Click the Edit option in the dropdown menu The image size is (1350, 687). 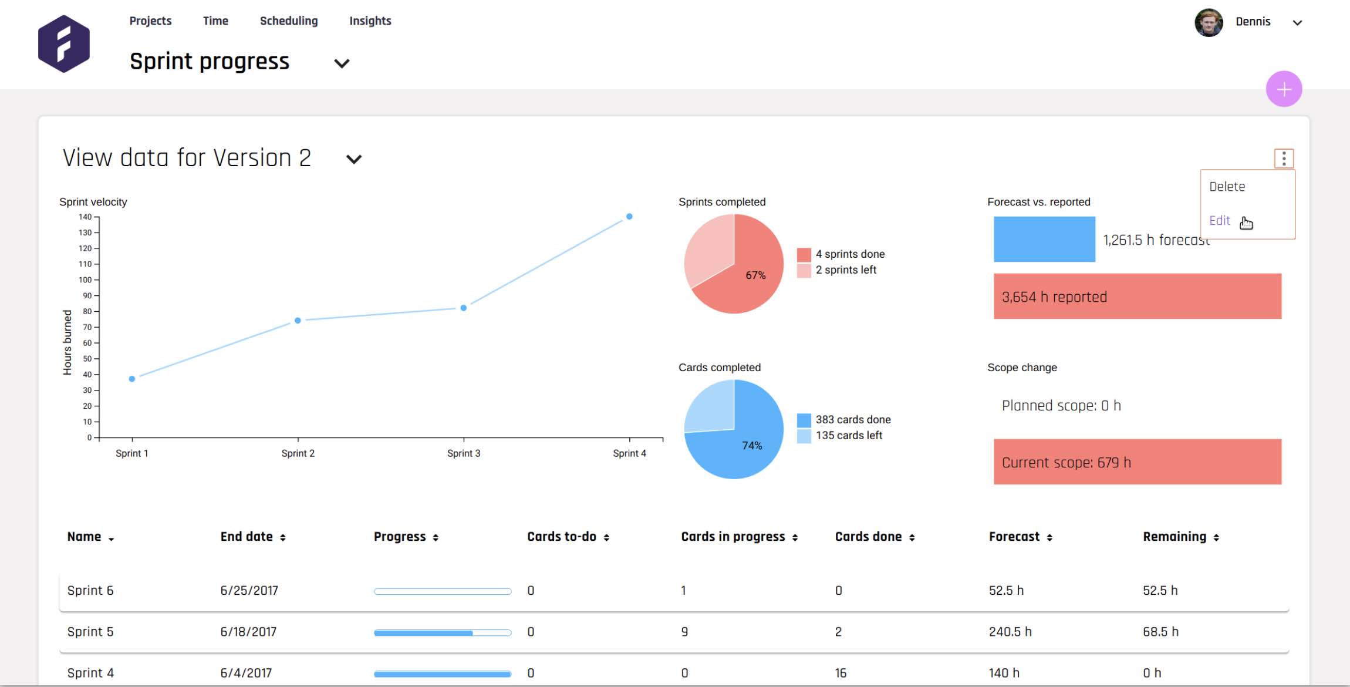click(1220, 221)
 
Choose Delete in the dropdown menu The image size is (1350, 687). click(1227, 187)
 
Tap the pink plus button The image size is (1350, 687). click(1284, 89)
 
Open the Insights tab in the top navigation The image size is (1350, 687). click(370, 21)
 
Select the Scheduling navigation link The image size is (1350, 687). click(289, 21)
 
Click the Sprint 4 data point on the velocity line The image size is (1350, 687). click(629, 217)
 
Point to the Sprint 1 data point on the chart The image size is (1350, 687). click(132, 379)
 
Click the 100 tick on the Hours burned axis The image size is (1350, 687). click(86, 280)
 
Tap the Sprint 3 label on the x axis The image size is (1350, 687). click(464, 453)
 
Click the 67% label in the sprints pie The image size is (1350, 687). click(755, 275)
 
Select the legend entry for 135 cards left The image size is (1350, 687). click(848, 436)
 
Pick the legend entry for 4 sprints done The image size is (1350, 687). click(849, 254)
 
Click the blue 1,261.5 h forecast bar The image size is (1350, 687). click(1044, 240)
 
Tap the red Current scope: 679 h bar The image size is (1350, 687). click(1137, 462)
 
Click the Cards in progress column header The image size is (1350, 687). click(733, 537)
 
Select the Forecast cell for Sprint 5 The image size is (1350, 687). click(1010, 632)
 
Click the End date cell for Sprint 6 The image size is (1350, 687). click(249, 591)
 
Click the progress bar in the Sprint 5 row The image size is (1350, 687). click(443, 633)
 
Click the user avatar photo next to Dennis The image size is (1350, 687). click(1209, 22)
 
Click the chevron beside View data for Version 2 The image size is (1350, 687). click(354, 159)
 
